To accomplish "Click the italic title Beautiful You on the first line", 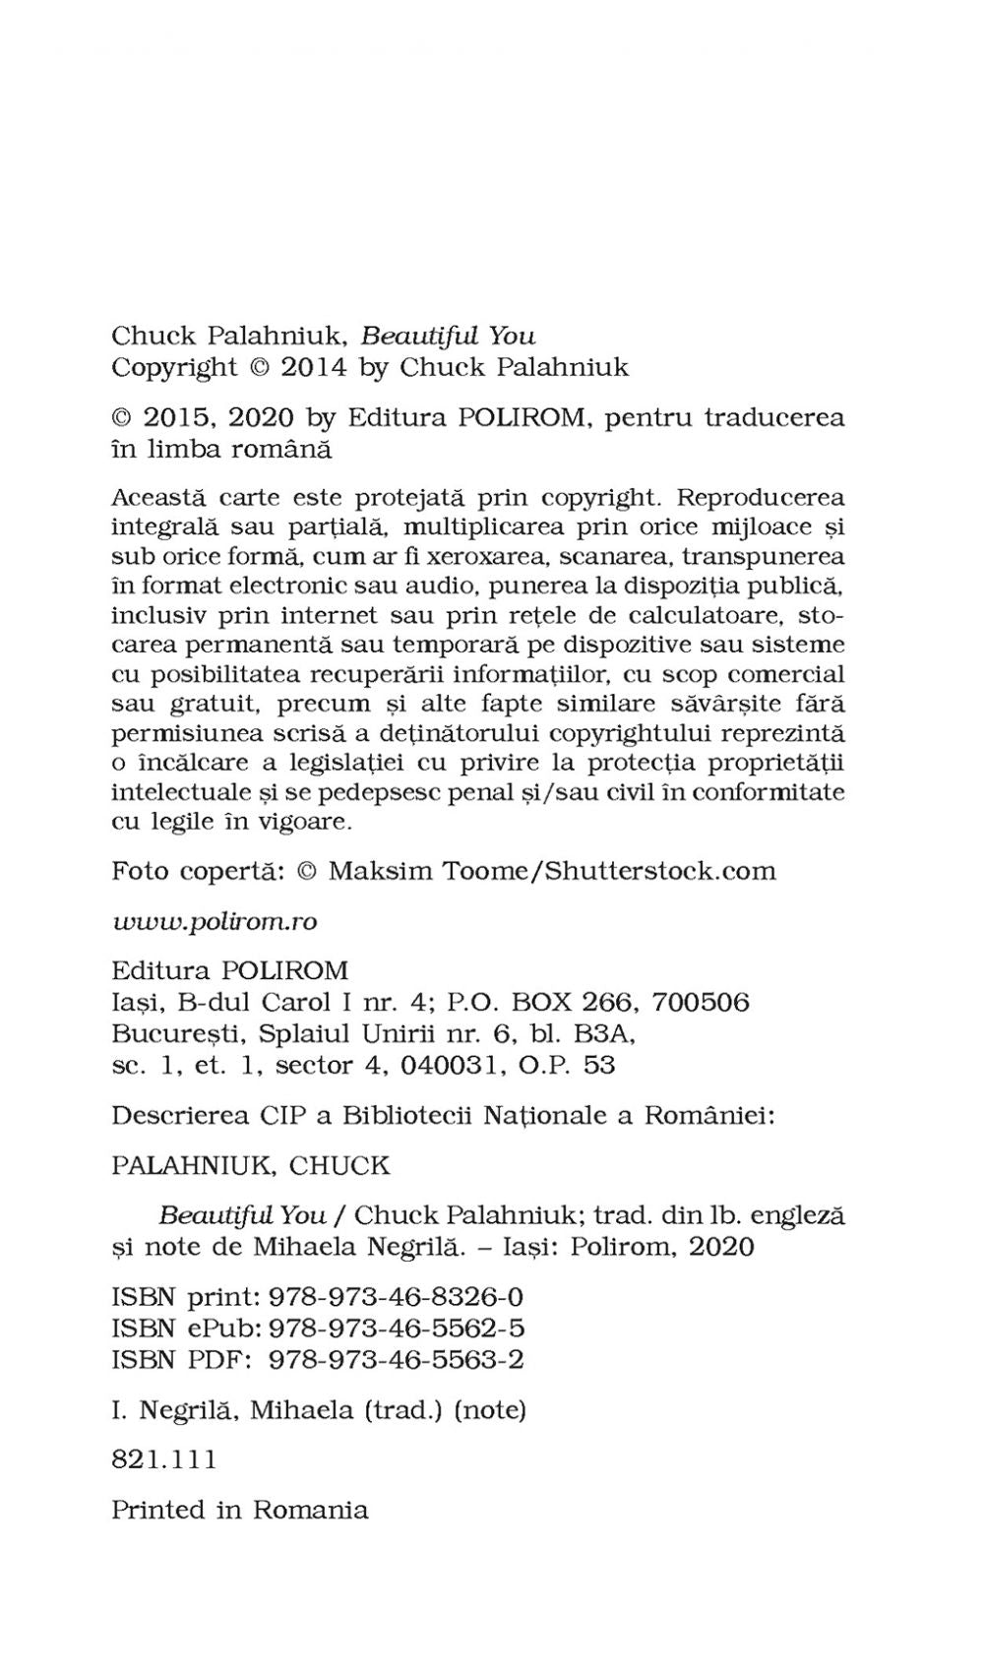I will tap(448, 336).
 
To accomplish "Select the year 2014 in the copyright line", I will tap(314, 367).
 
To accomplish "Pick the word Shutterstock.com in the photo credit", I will tap(659, 871).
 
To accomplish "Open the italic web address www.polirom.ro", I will tap(214, 921).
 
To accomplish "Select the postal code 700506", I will tap(701, 1002).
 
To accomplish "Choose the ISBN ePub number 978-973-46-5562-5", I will tap(397, 1328).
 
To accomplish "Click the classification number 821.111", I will tap(163, 1458).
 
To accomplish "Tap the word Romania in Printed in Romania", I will tap(310, 1510).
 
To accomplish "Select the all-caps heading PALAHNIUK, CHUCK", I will tap(250, 1165).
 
